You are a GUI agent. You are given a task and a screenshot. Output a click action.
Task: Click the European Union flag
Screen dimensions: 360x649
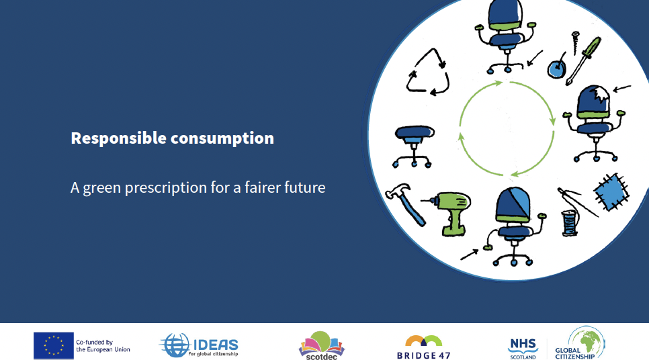[53, 345]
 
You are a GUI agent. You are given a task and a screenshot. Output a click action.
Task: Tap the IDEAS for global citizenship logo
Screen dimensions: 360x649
[199, 345]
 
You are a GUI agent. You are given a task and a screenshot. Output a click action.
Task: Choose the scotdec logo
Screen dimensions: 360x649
[321, 345]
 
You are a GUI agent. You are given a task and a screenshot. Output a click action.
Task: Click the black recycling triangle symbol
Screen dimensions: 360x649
[428, 75]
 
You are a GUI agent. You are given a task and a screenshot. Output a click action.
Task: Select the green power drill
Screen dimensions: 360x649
[451, 212]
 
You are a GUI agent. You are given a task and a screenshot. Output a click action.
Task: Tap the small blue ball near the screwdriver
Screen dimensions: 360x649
[556, 69]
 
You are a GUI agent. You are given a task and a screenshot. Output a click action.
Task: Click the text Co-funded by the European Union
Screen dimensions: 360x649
[102, 345]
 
